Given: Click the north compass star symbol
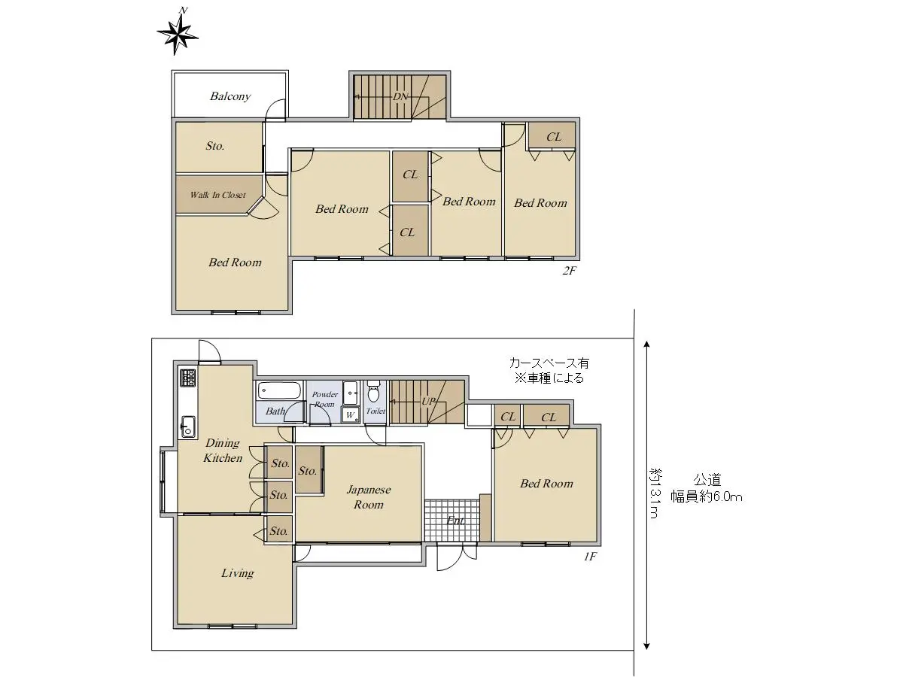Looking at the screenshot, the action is (x=178, y=34).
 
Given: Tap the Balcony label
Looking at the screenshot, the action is (x=230, y=96).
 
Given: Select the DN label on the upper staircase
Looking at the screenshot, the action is (x=400, y=96).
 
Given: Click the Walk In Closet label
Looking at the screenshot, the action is (x=217, y=195).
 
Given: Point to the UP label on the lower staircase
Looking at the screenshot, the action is (x=428, y=401).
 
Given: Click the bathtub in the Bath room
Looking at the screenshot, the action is (x=280, y=390).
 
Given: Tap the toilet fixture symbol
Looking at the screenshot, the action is (x=373, y=392).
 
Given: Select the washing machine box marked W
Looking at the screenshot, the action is (x=350, y=414).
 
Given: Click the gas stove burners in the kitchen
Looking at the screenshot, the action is (x=188, y=377).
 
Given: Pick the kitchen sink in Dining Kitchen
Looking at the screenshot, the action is (x=188, y=427).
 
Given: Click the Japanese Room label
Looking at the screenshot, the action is (x=369, y=497).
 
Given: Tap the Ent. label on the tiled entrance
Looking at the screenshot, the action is (x=456, y=521).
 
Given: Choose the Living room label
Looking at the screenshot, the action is (x=237, y=573).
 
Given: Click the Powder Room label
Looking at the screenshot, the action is (x=324, y=399).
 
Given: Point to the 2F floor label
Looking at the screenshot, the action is (x=570, y=271).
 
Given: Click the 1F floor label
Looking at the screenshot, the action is (x=589, y=556).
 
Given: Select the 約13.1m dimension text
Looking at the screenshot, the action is (x=654, y=493).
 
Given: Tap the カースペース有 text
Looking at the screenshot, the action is (x=549, y=363).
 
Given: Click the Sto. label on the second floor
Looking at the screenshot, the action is (x=215, y=146).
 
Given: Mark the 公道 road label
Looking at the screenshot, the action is (x=707, y=480).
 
